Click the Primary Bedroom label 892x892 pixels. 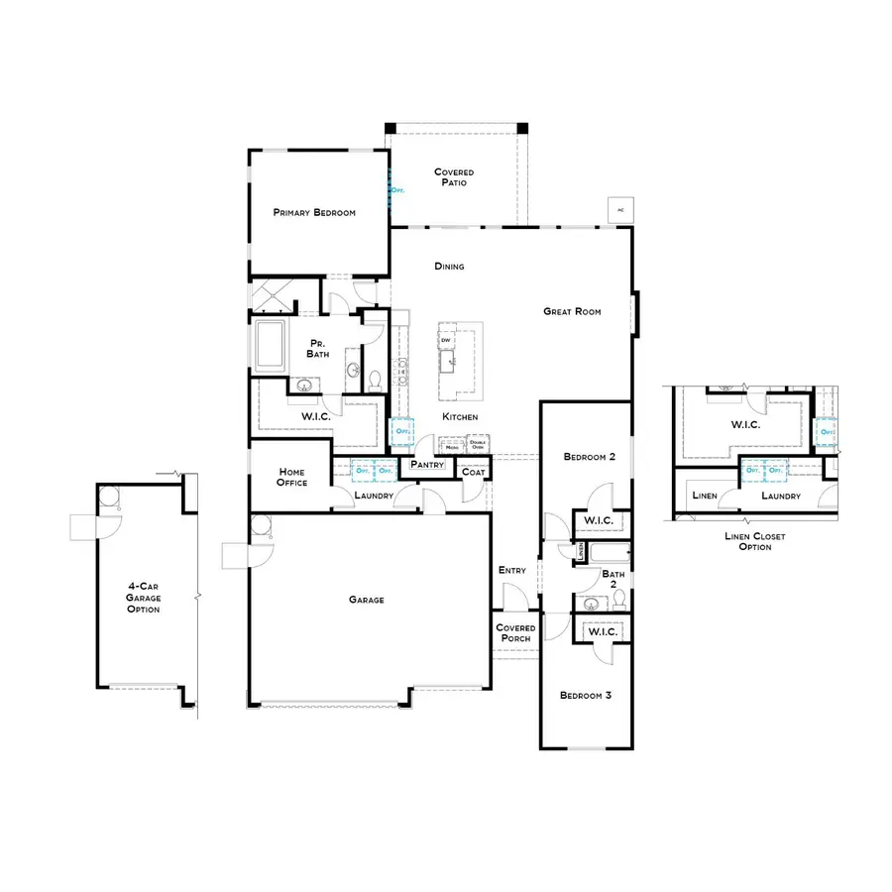tap(314, 213)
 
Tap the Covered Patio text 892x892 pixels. tap(454, 177)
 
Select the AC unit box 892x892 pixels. tap(620, 210)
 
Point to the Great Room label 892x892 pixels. tap(572, 311)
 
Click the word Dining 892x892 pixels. tap(449, 267)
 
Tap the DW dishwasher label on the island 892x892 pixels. tap(446, 339)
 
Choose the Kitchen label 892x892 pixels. tap(461, 416)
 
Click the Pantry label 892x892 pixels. tap(426, 464)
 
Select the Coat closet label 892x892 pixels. tap(474, 473)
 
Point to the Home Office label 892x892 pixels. tap(292, 478)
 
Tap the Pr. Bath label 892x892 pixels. tap(318, 348)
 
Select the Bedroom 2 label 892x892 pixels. tap(590, 457)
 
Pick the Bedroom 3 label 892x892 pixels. tap(585, 696)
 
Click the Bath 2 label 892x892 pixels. tap(613, 580)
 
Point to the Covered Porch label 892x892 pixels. tap(515, 632)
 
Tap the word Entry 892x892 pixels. tap(512, 570)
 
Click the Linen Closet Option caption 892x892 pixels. tap(755, 541)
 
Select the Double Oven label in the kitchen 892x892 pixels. tap(478, 445)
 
